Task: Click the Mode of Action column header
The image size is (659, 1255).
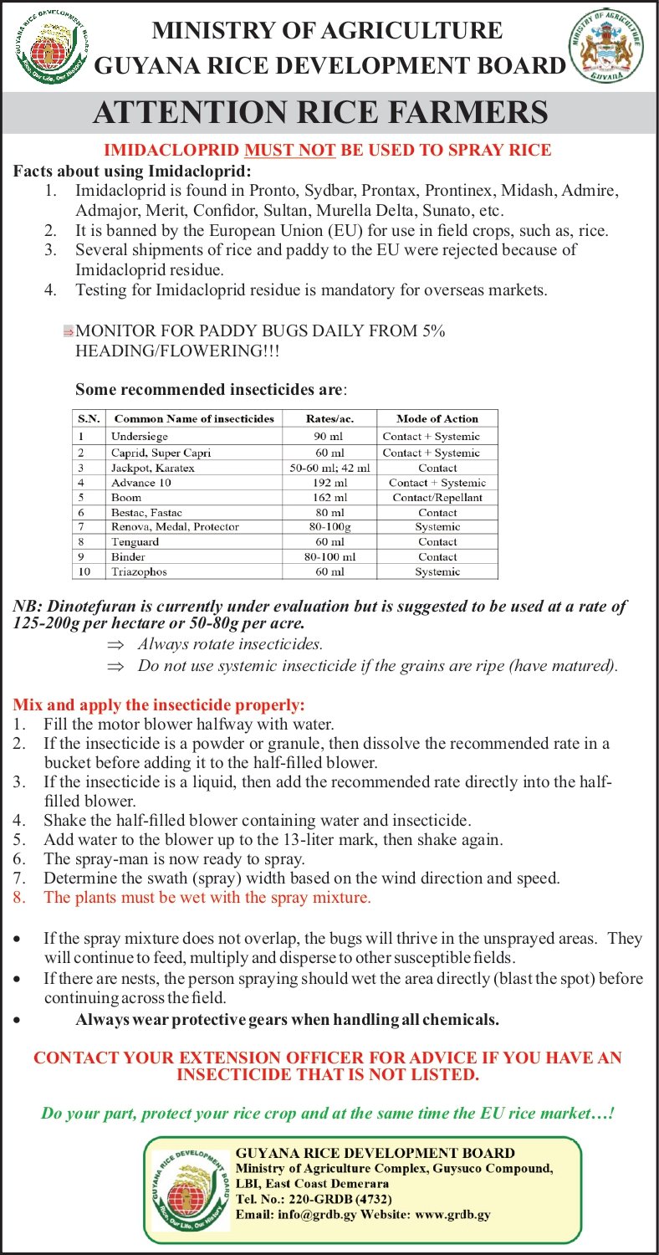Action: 437,418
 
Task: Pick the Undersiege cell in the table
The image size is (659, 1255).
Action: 140,437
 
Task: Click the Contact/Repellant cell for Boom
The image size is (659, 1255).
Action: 437,498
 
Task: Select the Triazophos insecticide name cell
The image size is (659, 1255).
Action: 141,572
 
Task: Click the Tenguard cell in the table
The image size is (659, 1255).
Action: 135,542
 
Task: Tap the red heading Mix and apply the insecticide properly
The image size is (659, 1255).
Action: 159,704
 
